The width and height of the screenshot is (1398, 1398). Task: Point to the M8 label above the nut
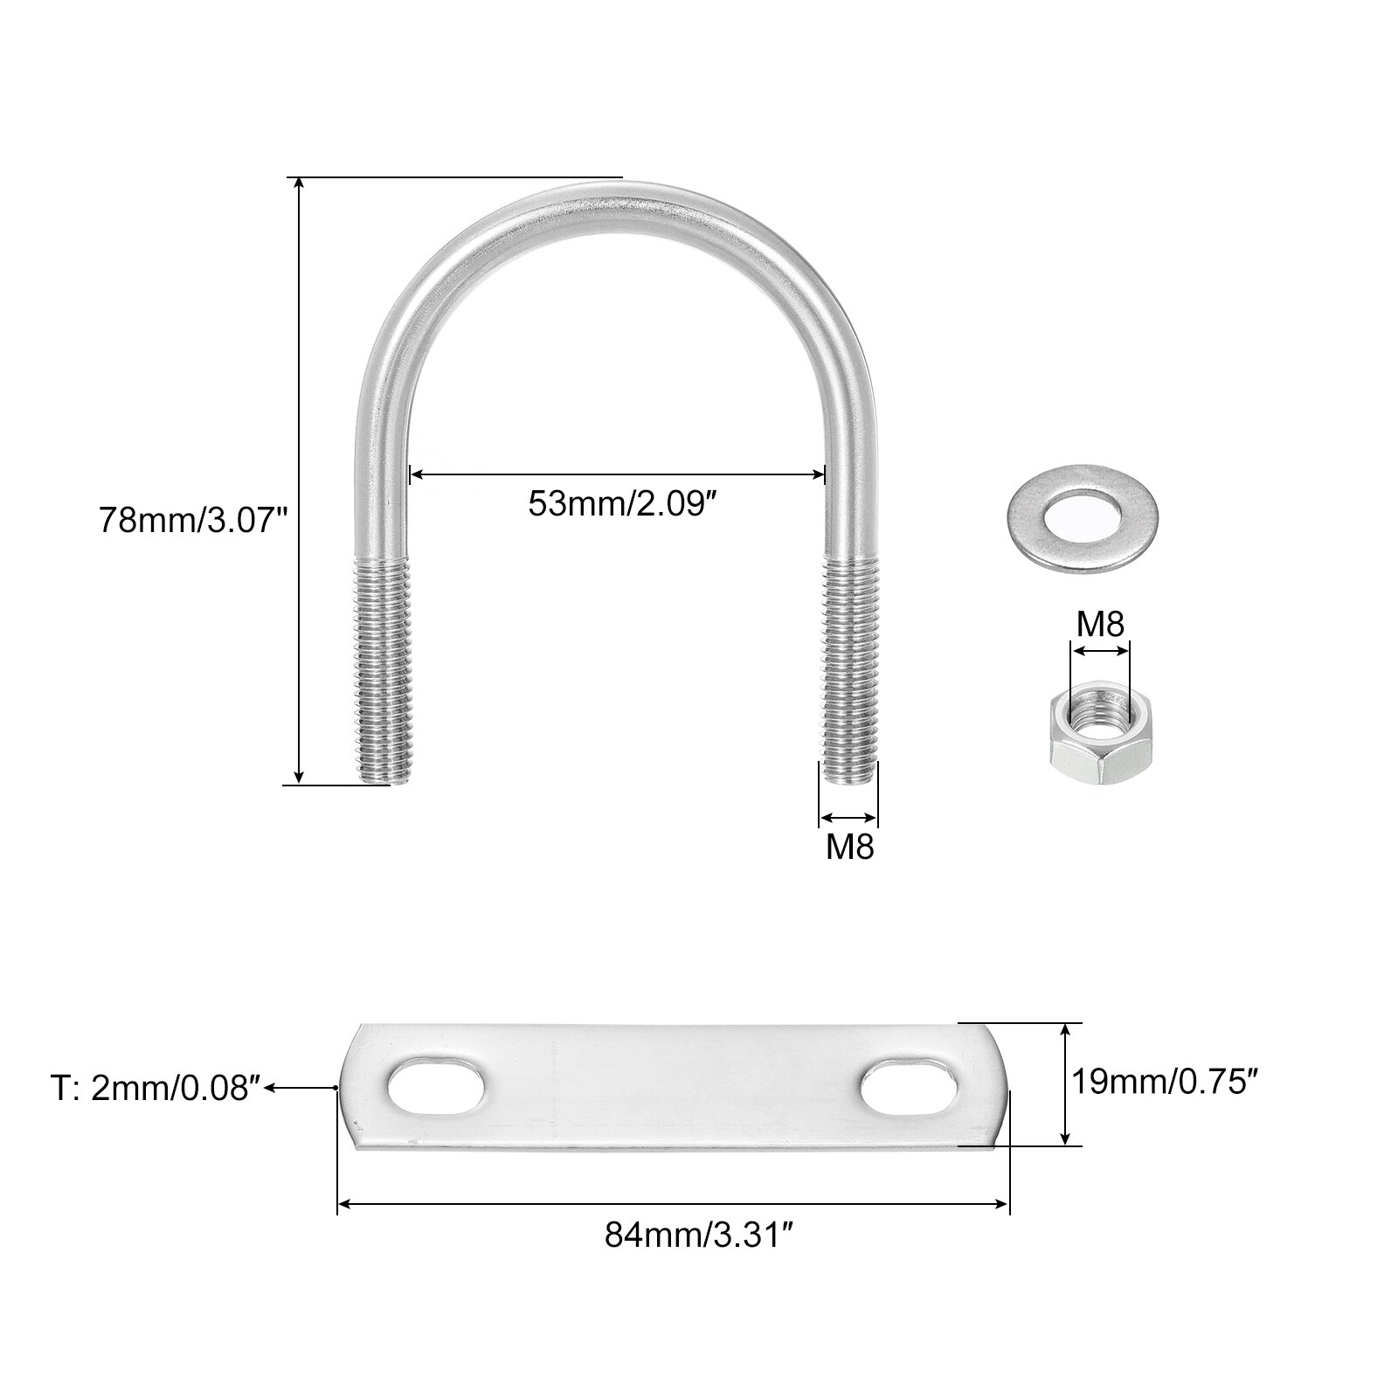(x=1100, y=624)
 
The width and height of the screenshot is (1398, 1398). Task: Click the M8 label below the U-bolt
(x=850, y=846)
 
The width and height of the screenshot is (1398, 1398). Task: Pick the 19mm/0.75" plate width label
(x=1165, y=1083)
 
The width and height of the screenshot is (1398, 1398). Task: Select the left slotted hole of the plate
(x=437, y=1088)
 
